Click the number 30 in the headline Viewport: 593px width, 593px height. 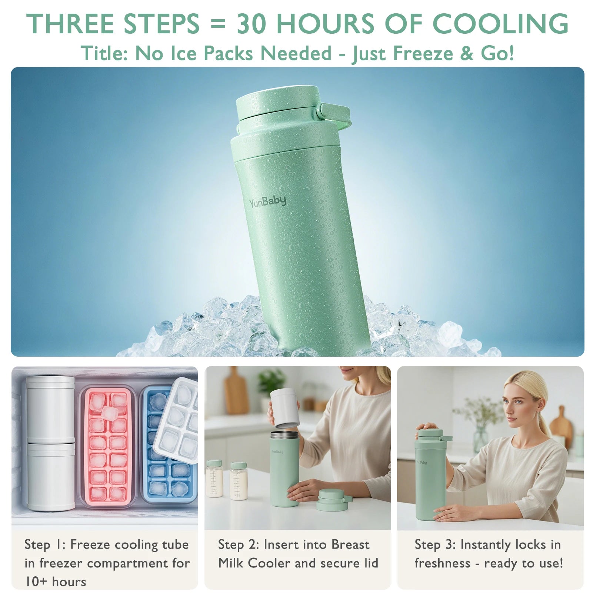pyautogui.click(x=251, y=24)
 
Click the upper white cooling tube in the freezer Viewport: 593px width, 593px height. pyautogui.click(x=50, y=409)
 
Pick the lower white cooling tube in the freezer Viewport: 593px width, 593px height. pyautogui.click(x=51, y=477)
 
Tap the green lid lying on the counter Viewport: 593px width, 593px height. pyautogui.click(x=332, y=500)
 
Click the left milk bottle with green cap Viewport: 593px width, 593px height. pyautogui.click(x=214, y=478)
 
